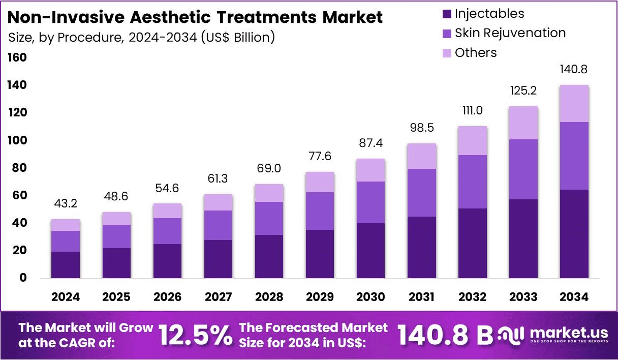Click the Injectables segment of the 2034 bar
[x=574, y=234]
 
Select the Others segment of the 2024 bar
[x=66, y=225]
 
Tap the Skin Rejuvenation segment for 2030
[x=370, y=202]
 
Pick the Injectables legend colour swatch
[x=447, y=14]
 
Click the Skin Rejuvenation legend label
[x=510, y=33]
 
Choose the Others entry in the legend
[x=476, y=52]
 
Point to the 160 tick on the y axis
[x=17, y=58]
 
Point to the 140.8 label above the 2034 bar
[x=574, y=69]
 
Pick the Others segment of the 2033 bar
[x=523, y=123]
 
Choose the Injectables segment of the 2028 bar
[x=269, y=256]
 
